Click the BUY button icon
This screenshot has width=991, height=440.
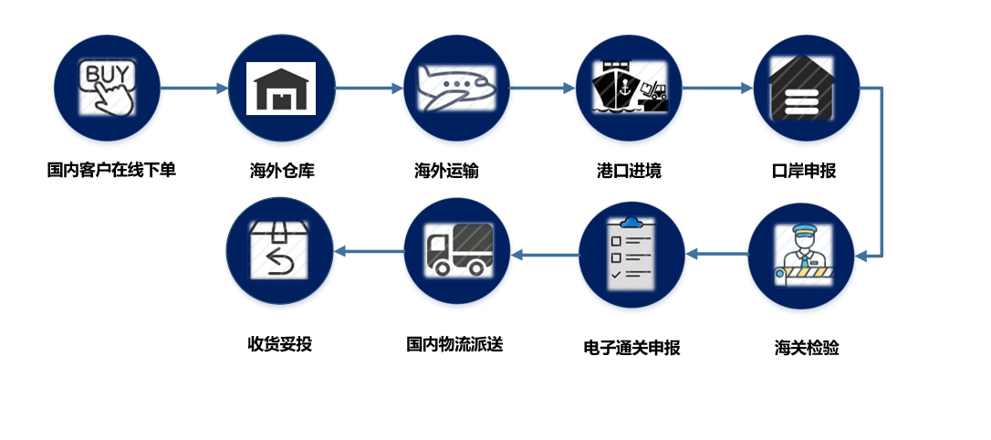(106, 88)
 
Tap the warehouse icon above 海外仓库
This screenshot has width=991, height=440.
(281, 88)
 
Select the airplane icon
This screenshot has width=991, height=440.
(456, 88)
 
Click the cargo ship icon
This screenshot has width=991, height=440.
(630, 88)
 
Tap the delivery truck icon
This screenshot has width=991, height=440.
(457, 250)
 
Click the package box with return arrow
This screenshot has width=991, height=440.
(279, 250)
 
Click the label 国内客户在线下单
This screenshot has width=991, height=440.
(111, 170)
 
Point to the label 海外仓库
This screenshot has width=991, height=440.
(282, 171)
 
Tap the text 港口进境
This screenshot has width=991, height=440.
(629, 171)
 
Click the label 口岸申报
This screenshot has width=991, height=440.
(804, 171)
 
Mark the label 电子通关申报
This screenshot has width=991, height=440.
(631, 347)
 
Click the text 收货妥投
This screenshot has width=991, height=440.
(279, 344)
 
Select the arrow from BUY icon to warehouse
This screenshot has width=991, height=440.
(193, 89)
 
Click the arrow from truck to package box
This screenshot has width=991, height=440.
(369, 251)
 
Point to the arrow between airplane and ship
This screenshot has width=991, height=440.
(542, 89)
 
